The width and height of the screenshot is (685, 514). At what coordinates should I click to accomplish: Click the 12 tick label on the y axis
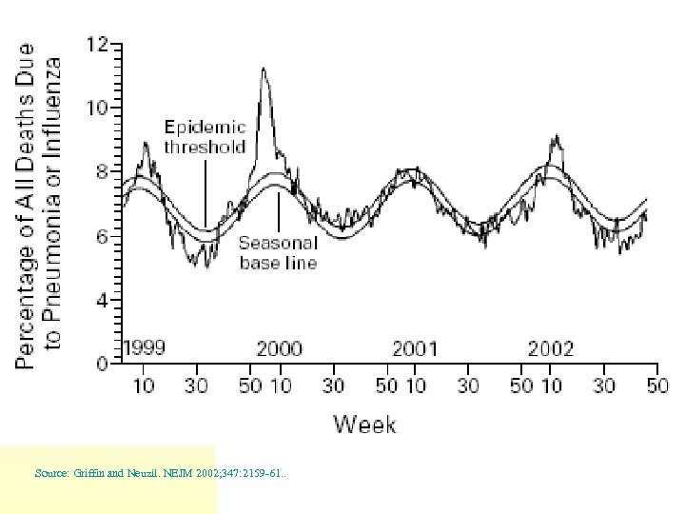(x=97, y=45)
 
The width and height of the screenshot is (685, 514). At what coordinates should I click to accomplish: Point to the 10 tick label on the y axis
(x=97, y=109)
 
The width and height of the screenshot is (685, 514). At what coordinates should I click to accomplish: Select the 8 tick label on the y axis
(x=101, y=172)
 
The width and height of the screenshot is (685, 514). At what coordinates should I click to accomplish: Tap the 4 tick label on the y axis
(x=101, y=301)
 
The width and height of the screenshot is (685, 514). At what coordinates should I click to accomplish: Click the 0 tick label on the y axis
(x=101, y=364)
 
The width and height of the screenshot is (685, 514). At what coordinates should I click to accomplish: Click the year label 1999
(x=144, y=348)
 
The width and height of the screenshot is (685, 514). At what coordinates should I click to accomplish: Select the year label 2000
(x=279, y=348)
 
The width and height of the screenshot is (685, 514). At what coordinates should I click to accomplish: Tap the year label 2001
(x=415, y=348)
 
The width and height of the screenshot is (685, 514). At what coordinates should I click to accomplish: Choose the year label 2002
(x=551, y=348)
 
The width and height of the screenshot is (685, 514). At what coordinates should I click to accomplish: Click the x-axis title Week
(x=364, y=425)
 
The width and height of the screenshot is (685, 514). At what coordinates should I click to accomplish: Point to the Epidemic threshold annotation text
(x=205, y=136)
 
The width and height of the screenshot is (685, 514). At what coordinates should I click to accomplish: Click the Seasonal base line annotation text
(x=278, y=252)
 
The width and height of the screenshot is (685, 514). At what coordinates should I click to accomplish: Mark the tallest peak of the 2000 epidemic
(x=264, y=69)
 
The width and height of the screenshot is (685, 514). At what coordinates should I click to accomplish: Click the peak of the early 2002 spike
(x=555, y=136)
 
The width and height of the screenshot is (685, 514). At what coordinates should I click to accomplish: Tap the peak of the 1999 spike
(x=145, y=144)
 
